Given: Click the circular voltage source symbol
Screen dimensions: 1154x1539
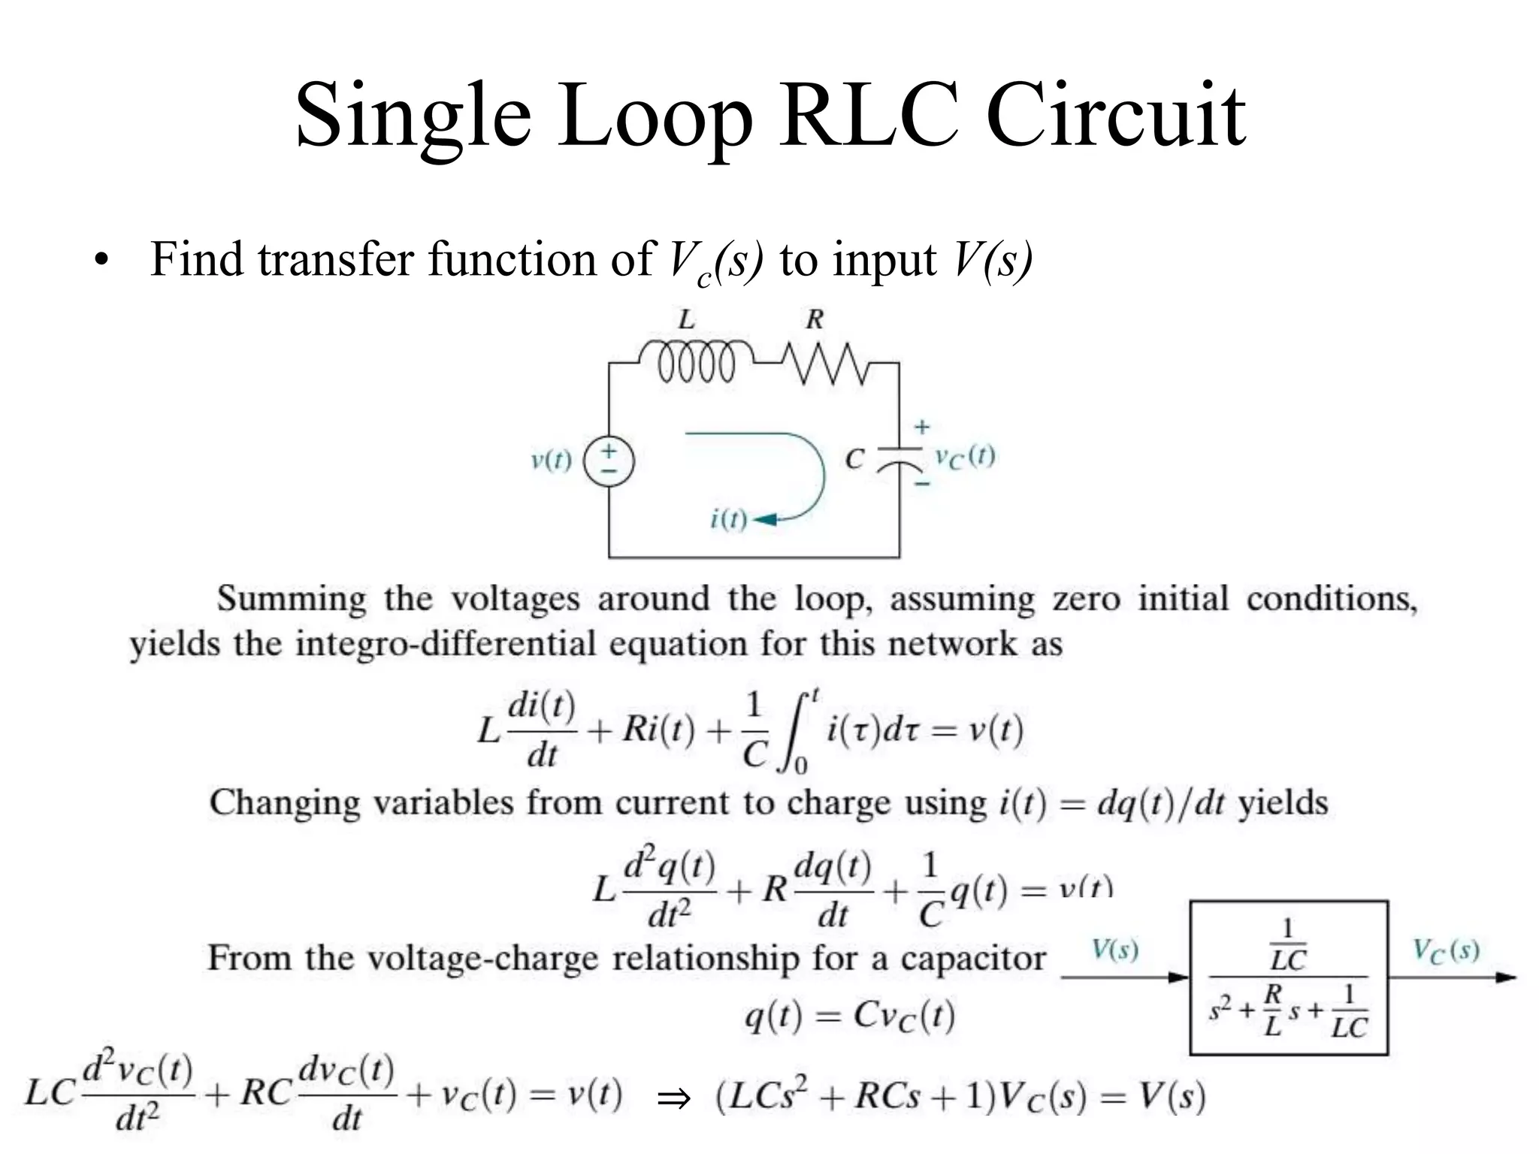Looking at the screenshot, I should click(609, 461).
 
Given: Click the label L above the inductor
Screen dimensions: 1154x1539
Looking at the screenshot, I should click(686, 320).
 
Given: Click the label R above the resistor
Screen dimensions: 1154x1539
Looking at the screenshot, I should click(815, 320).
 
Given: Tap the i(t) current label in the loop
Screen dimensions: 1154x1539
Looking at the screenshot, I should click(728, 519).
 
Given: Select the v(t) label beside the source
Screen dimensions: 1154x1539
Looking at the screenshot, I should click(551, 460).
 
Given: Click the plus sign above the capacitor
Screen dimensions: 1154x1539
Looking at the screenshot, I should click(922, 427).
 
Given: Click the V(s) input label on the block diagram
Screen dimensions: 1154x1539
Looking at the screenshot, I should click(1114, 950).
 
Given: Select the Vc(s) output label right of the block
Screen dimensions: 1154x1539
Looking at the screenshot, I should click(1445, 951).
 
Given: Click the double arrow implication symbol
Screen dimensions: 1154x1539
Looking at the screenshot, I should click(673, 1098).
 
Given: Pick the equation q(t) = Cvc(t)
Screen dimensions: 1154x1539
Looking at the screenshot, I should click(849, 1017).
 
